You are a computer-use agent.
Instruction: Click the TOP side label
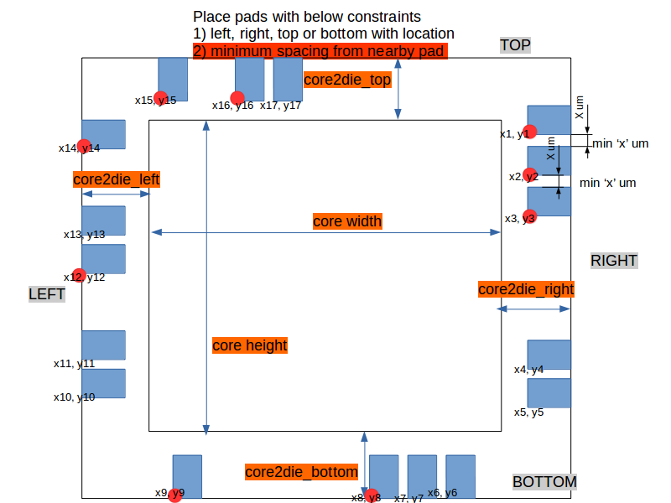515,45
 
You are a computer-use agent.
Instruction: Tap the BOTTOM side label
544,482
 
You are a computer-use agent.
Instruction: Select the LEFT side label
47,294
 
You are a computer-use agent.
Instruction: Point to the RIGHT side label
614,261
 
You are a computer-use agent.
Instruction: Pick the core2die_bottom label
302,472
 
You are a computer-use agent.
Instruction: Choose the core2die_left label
117,179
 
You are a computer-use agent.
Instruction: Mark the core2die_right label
526,289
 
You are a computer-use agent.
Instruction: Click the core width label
347,221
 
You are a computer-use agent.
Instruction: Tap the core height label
249,345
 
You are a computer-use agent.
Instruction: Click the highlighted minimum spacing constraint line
320,51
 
